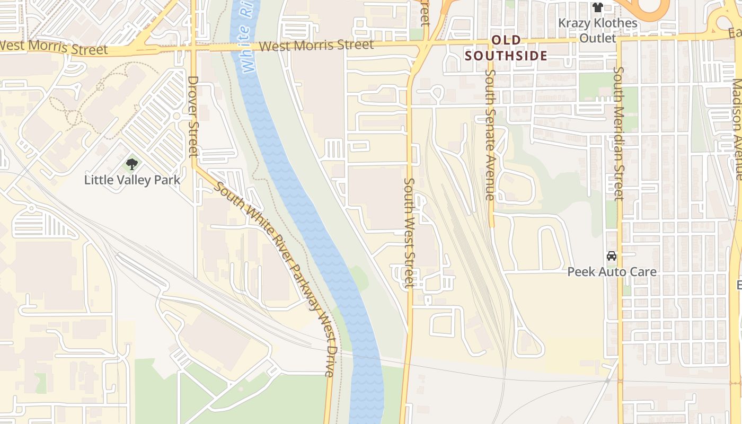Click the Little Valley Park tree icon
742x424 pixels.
tap(132, 164)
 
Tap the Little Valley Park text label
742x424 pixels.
tap(132, 180)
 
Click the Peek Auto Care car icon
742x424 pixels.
tap(612, 256)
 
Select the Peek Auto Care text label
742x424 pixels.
tap(612, 272)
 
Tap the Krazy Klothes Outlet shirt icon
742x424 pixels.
tap(598, 7)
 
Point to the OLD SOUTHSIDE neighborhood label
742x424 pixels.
tap(506, 48)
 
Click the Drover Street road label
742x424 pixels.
tap(193, 117)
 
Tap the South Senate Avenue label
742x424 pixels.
tap(490, 135)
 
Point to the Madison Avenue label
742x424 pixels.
tap(737, 130)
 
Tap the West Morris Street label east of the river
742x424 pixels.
tap(316, 46)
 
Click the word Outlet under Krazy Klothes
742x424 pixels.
tap(598, 38)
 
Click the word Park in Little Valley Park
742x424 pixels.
tap(166, 180)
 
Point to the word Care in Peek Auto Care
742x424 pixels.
tap(643, 272)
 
